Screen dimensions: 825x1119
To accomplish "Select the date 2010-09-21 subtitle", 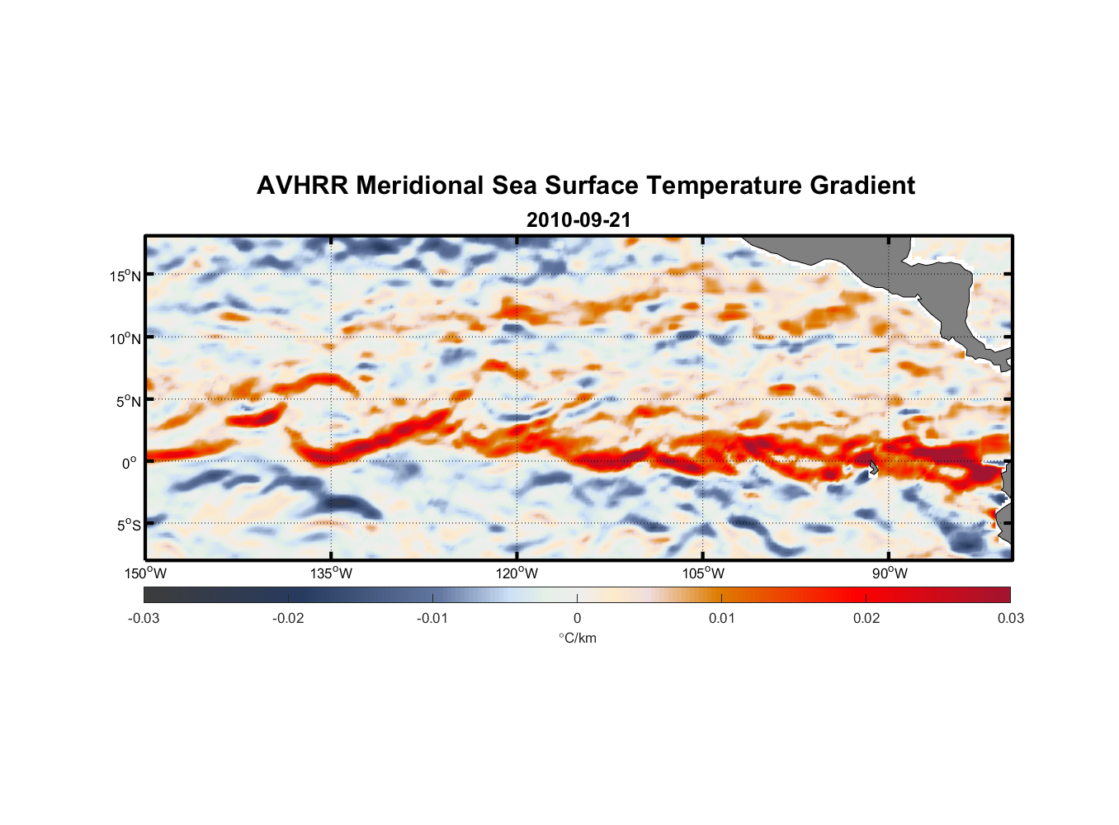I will point(578,220).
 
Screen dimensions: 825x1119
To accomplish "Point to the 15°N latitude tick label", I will point(125,276).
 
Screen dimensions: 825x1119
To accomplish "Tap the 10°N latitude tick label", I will point(125,338).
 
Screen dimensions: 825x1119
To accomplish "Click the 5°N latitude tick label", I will point(128,401).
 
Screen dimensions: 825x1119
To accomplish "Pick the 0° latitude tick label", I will point(130,463).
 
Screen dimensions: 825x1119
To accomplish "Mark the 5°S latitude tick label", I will point(128,525).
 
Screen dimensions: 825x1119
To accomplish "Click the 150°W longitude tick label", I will point(145,573).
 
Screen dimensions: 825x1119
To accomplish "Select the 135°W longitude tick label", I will point(331,573).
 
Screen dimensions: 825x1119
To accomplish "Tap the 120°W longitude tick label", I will point(517,573).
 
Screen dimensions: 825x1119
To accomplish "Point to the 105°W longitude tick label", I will point(703,573).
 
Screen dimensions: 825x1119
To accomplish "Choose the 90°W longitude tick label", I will point(890,573).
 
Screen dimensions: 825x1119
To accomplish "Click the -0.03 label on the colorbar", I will point(144,618).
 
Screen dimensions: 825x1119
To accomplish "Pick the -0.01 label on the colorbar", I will point(432,618).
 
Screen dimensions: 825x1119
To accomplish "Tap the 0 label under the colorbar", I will point(577,618).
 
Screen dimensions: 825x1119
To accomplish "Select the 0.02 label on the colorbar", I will point(866,618).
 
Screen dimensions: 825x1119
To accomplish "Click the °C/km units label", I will point(577,638).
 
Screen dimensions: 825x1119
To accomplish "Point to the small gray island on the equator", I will point(873,468).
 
